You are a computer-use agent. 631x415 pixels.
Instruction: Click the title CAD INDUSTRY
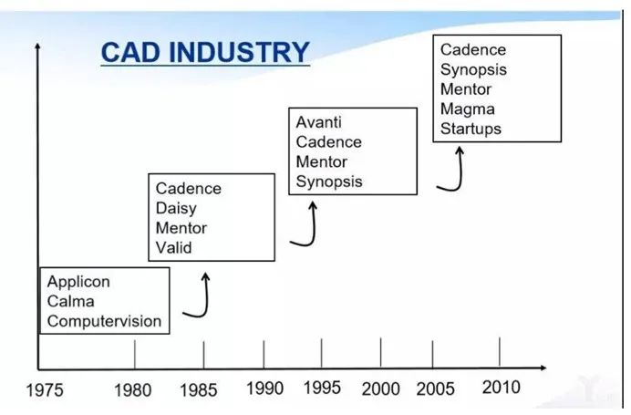click(x=205, y=52)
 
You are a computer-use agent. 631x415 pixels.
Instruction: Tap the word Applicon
click(x=78, y=282)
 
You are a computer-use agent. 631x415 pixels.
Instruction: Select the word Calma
click(x=70, y=302)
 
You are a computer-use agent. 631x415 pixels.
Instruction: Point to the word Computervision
click(x=104, y=321)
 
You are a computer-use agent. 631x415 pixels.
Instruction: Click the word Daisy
click(x=176, y=209)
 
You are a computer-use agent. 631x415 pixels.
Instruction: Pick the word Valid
click(x=173, y=247)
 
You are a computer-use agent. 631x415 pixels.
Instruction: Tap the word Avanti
click(x=319, y=122)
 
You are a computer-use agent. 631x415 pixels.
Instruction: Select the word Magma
click(x=467, y=109)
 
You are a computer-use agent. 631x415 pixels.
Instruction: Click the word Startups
click(x=471, y=130)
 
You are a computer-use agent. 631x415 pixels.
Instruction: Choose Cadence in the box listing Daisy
click(x=189, y=189)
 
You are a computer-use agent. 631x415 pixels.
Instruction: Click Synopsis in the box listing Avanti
click(x=329, y=182)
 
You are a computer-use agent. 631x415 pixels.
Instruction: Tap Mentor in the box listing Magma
click(x=466, y=89)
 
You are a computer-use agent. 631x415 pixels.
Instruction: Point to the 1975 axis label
click(x=45, y=390)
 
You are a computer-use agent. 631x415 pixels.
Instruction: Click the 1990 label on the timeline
click(x=264, y=389)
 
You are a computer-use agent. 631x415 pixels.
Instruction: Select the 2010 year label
click(x=501, y=388)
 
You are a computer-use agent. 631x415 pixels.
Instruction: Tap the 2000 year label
click(x=380, y=389)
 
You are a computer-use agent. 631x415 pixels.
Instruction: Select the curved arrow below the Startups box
click(x=460, y=173)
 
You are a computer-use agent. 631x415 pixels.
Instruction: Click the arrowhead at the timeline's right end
click(x=543, y=368)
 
